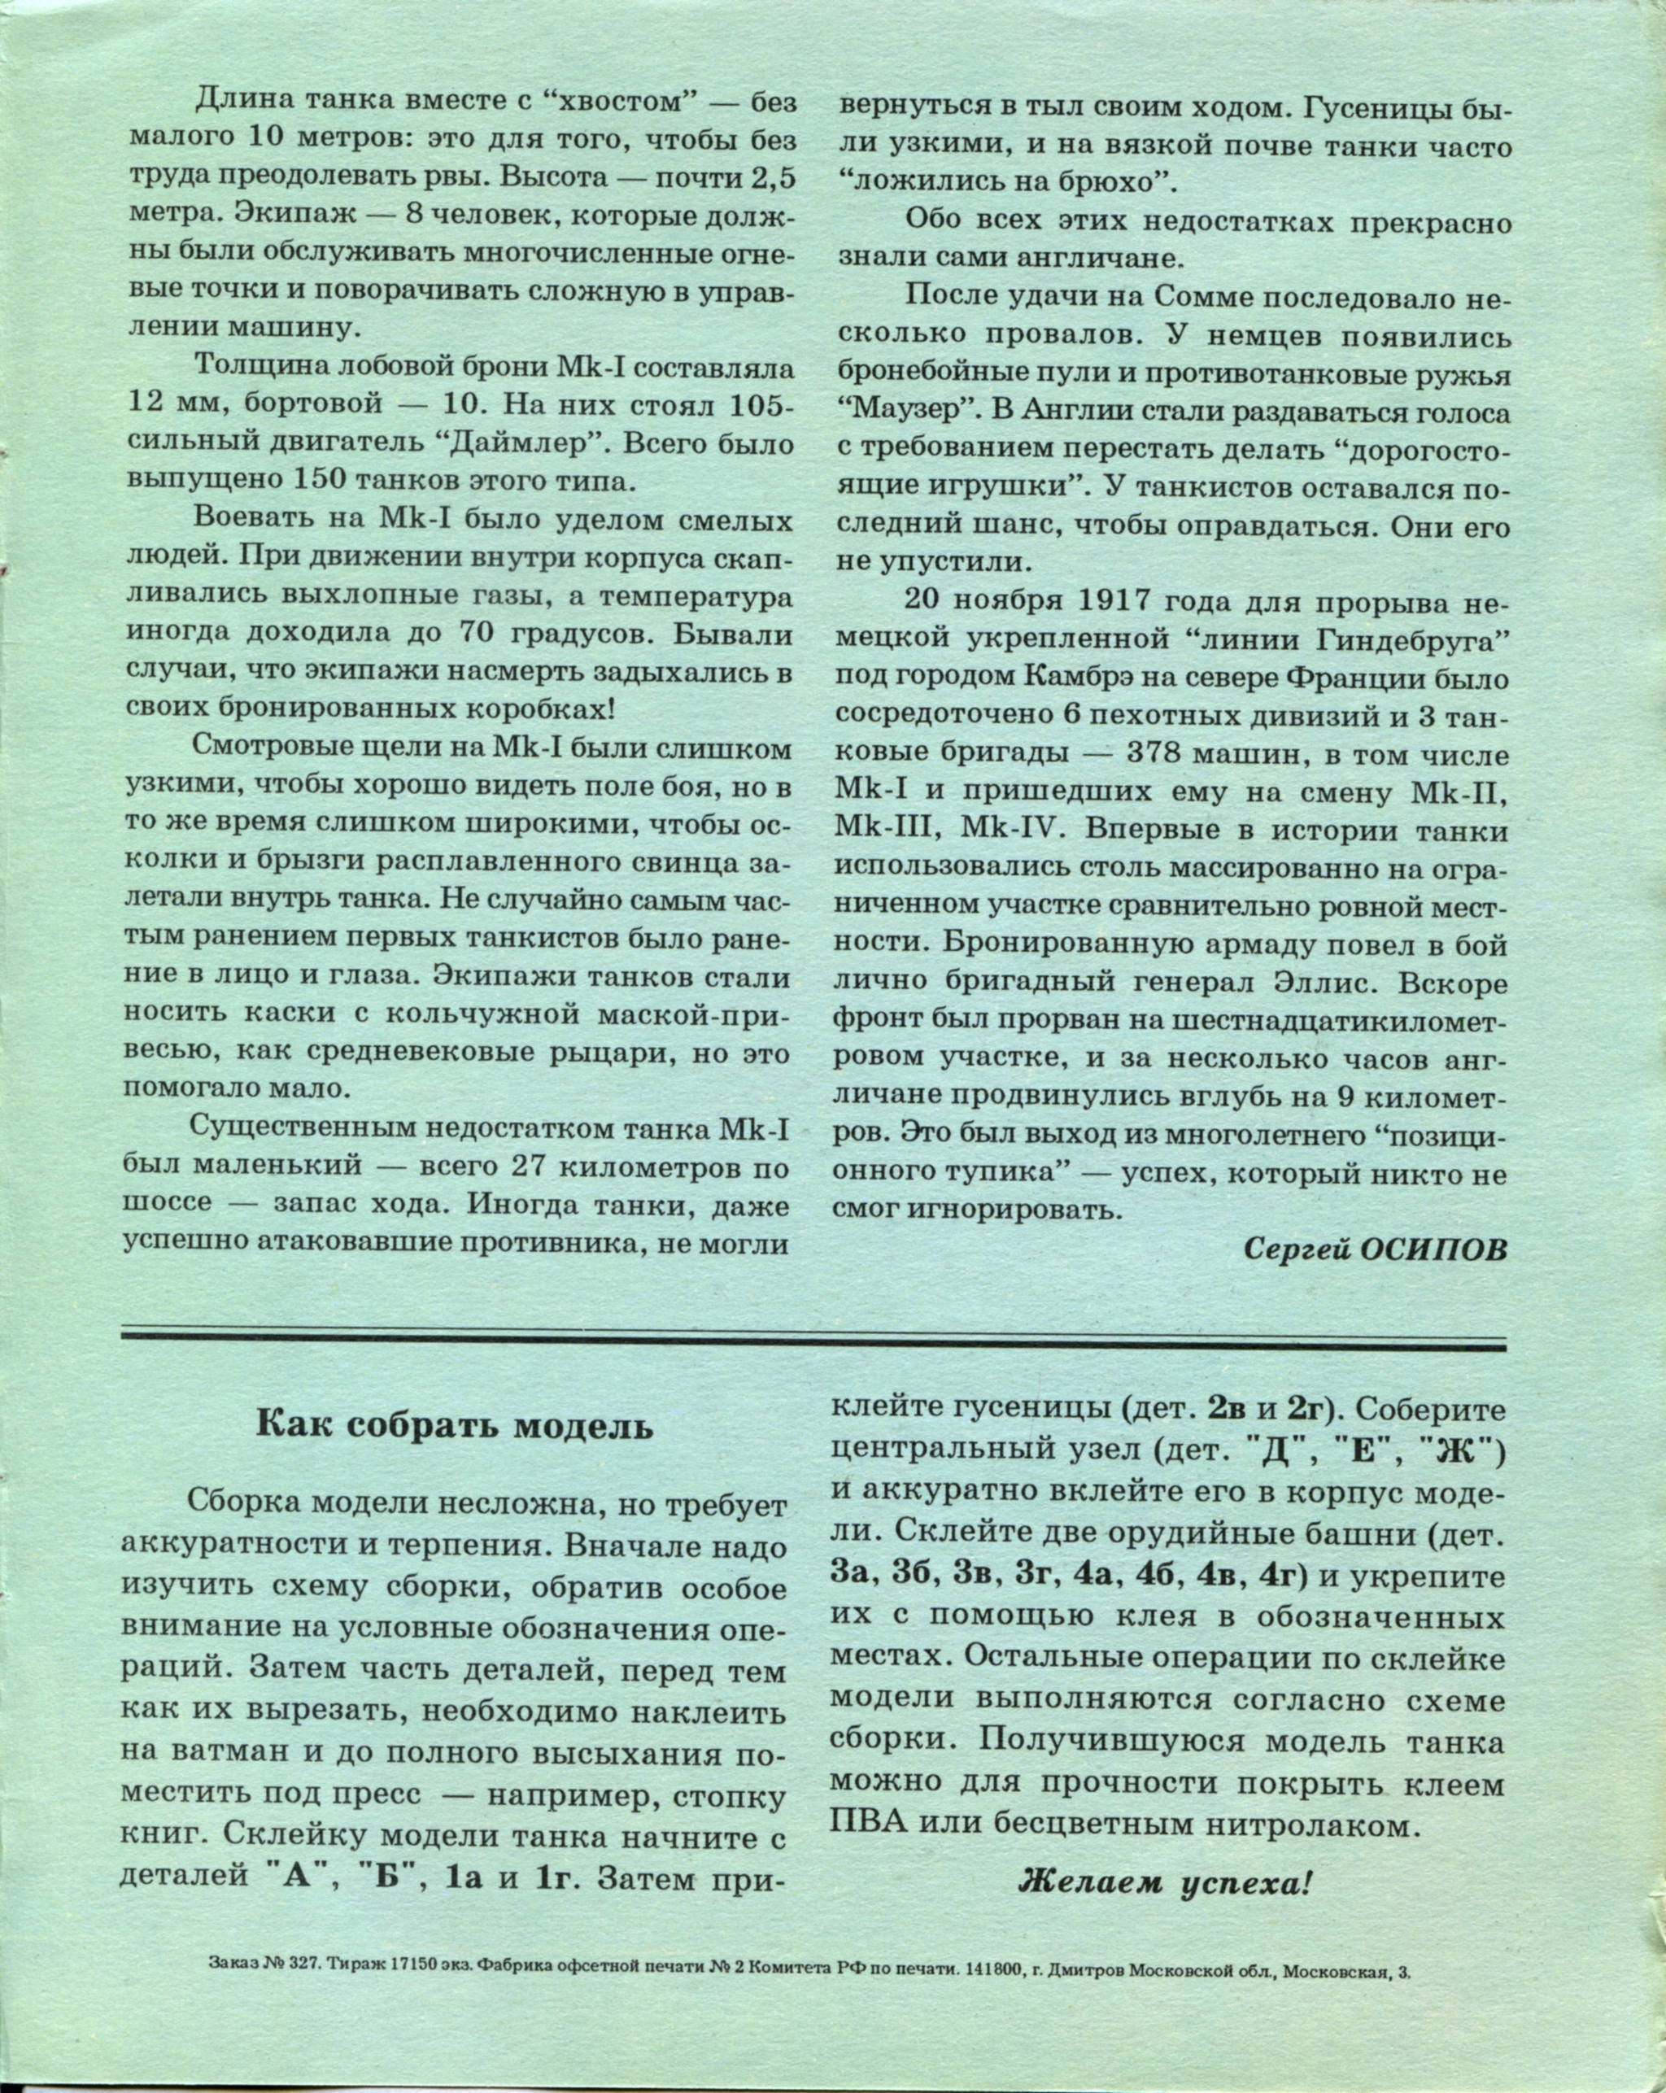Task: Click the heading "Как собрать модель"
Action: tap(455, 1426)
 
